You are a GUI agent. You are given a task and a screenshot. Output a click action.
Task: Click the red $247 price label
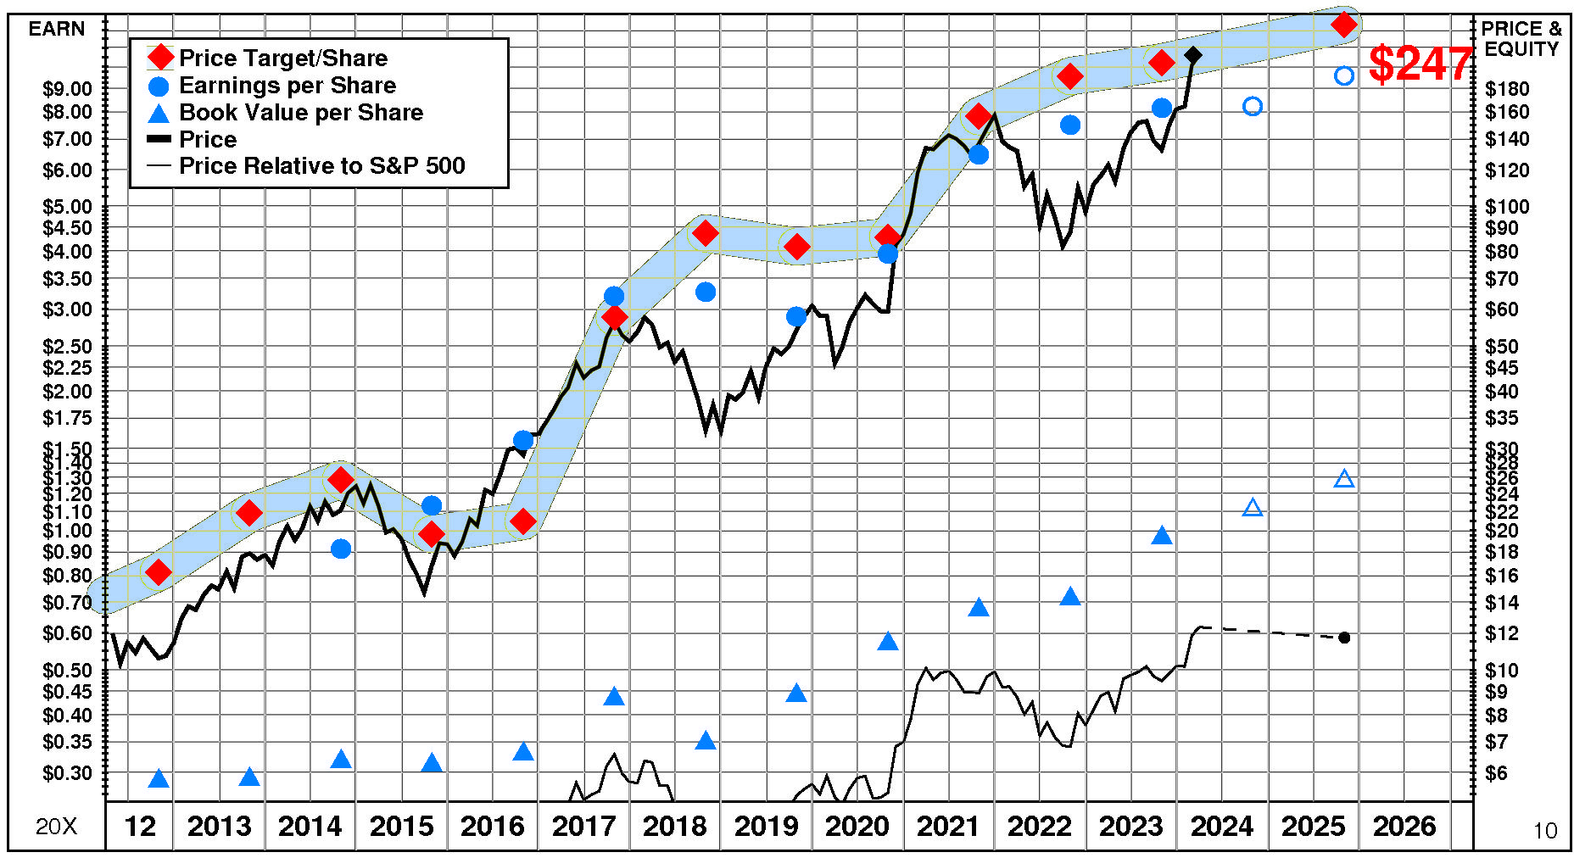pyautogui.click(x=1421, y=64)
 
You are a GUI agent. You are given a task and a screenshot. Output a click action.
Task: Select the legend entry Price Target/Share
pyautogui.click(x=282, y=58)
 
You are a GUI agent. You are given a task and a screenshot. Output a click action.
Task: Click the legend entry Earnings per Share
pyautogui.click(x=287, y=86)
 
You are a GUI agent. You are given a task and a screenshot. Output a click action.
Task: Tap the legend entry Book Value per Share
pyautogui.click(x=300, y=113)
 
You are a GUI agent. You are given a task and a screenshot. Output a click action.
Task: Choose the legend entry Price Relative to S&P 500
pyautogui.click(x=321, y=165)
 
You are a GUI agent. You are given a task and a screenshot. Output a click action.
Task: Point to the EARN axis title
pyautogui.click(x=57, y=29)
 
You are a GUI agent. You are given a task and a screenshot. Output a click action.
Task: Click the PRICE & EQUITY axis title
pyautogui.click(x=1521, y=39)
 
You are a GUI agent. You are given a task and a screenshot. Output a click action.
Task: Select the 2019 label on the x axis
pyautogui.click(x=766, y=826)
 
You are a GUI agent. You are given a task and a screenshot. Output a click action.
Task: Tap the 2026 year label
pyautogui.click(x=1404, y=826)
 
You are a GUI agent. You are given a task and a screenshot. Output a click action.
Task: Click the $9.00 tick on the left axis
pyautogui.click(x=67, y=89)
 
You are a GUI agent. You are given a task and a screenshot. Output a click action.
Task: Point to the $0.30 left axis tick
pyautogui.click(x=67, y=773)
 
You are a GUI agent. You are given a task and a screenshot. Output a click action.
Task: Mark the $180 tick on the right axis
pyautogui.click(x=1507, y=89)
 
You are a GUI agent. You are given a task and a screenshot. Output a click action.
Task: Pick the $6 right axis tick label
pyautogui.click(x=1497, y=773)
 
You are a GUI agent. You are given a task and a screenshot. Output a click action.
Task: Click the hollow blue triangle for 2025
pyautogui.click(x=1344, y=479)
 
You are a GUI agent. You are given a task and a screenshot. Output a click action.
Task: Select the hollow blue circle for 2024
pyautogui.click(x=1253, y=106)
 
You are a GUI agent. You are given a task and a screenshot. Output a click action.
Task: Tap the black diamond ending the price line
pyautogui.click(x=1193, y=55)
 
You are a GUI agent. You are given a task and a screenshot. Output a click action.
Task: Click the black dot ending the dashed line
pyautogui.click(x=1344, y=638)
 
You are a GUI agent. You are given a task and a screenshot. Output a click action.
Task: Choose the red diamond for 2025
pyautogui.click(x=1344, y=25)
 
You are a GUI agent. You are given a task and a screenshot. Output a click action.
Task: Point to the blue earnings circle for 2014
pyautogui.click(x=341, y=549)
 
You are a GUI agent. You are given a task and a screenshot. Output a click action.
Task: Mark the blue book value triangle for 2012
pyautogui.click(x=159, y=779)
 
